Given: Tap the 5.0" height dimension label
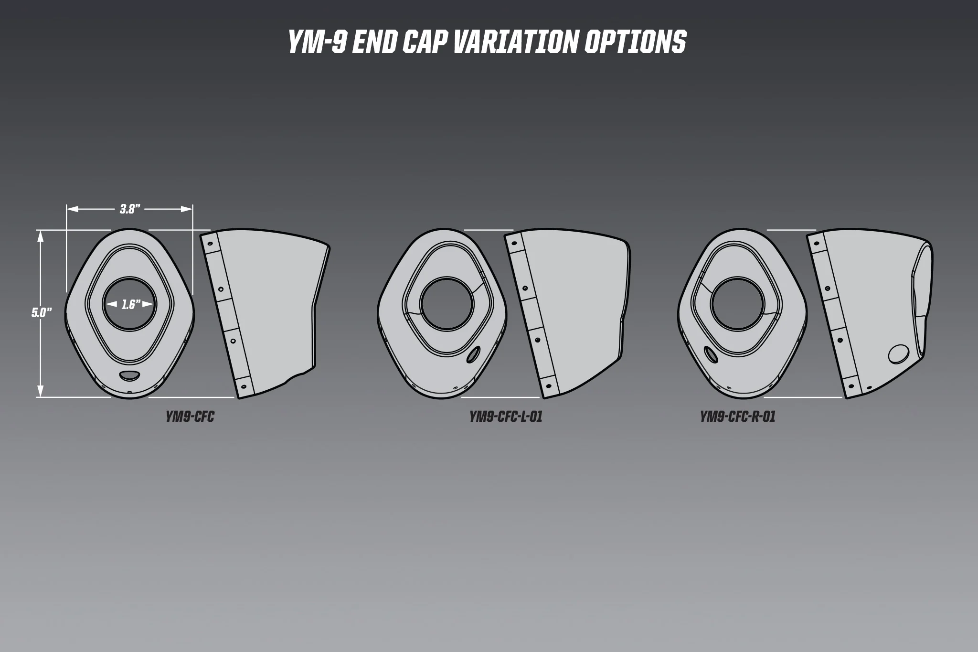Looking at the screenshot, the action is tap(42, 313).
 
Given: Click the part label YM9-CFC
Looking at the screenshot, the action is tap(190, 417).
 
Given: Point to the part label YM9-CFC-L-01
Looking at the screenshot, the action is tap(506, 417).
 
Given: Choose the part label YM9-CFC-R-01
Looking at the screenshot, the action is tap(738, 417).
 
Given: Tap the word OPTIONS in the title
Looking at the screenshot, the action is tap(636, 42).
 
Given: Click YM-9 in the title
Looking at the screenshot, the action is tap(317, 42).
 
